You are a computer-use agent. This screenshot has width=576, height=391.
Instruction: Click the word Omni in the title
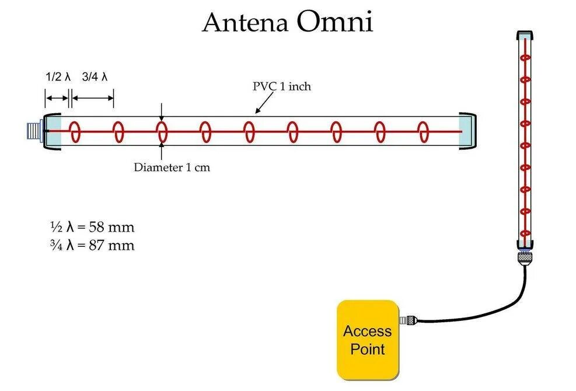[334, 22]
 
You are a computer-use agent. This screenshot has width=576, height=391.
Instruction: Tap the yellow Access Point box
[368, 340]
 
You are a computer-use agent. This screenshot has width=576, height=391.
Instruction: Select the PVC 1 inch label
[282, 86]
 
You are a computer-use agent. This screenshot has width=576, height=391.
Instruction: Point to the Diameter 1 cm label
[172, 167]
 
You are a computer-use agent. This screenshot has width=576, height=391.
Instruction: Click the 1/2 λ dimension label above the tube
[58, 76]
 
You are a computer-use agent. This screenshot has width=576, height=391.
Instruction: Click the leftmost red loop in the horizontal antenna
[75, 131]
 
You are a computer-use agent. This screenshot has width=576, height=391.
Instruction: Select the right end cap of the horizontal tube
[469, 131]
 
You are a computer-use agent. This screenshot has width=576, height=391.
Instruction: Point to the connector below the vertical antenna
[524, 258]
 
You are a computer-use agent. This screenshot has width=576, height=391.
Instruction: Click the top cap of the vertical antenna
[524, 33]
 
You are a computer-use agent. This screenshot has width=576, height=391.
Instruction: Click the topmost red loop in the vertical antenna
[525, 58]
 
